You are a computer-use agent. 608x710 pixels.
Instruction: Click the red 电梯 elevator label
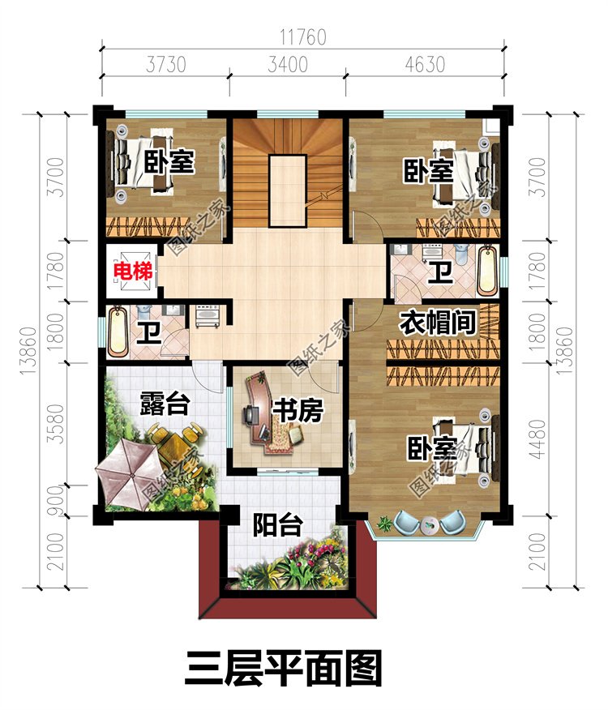132,272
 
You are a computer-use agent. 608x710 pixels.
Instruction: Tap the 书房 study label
298,410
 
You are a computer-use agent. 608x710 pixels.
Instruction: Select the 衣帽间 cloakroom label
437,323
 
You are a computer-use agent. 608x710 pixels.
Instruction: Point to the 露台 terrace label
164,403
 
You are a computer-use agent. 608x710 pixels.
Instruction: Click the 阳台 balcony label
277,525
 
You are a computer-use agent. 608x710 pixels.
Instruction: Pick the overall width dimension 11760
302,37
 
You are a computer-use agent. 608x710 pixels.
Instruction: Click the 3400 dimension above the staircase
288,64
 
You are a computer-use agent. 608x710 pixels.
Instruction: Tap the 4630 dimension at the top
425,64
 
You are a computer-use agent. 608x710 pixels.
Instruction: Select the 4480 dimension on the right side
537,438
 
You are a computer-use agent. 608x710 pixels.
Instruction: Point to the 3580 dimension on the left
56,424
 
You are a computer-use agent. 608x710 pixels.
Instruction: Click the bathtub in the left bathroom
118,331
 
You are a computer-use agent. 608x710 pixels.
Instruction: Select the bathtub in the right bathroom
487,270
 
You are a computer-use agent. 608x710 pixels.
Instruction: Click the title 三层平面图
283,669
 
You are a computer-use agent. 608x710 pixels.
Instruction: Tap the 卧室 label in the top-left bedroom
169,161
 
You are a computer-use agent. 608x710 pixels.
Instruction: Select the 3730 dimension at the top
166,64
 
